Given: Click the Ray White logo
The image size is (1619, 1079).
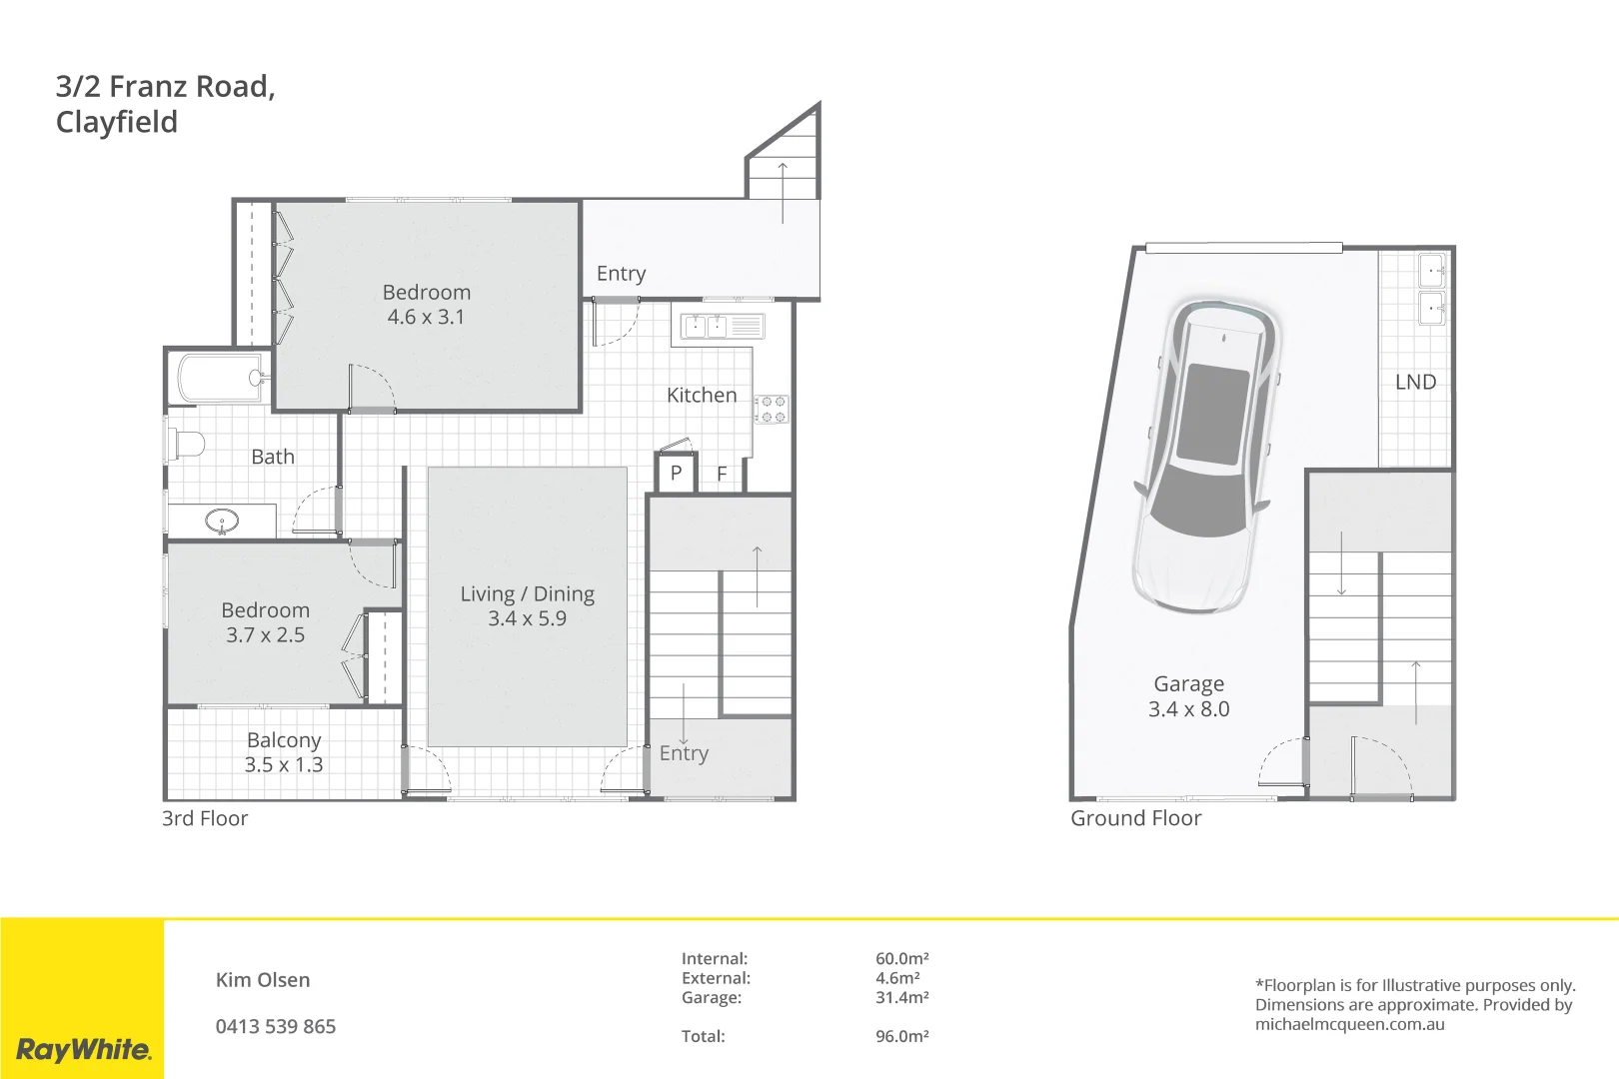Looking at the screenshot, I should pyautogui.click(x=83, y=1049).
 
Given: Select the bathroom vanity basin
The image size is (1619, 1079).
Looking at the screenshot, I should pyautogui.click(x=222, y=521).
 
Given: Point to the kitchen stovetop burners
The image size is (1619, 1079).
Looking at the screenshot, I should pyautogui.click(x=772, y=409).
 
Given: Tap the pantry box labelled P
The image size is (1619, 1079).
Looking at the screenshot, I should pyautogui.click(x=676, y=474).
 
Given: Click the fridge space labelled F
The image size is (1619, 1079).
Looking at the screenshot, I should pyautogui.click(x=721, y=474).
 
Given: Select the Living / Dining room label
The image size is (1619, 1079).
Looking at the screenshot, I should pyautogui.click(x=527, y=594).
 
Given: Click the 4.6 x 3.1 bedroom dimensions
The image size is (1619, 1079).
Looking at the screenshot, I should pyautogui.click(x=426, y=318).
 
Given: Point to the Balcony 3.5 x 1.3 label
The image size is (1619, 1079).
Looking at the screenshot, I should pyautogui.click(x=284, y=752).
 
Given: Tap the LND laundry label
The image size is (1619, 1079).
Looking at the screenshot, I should pyautogui.click(x=1415, y=383).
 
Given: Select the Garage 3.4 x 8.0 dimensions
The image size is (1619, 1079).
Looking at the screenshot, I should pyautogui.click(x=1188, y=709).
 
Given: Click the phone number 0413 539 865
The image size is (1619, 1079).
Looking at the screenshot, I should pyautogui.click(x=276, y=1027).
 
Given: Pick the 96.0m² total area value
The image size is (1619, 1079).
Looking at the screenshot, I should pyautogui.click(x=901, y=1037).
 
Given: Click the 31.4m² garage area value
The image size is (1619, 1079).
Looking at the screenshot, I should pyautogui.click(x=901, y=998).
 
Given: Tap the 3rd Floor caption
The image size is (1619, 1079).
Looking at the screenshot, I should pyautogui.click(x=205, y=819).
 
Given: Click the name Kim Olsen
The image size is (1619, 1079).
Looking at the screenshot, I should pyautogui.click(x=263, y=980).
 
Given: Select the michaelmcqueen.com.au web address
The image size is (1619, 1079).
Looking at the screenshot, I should pyautogui.click(x=1349, y=1024).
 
